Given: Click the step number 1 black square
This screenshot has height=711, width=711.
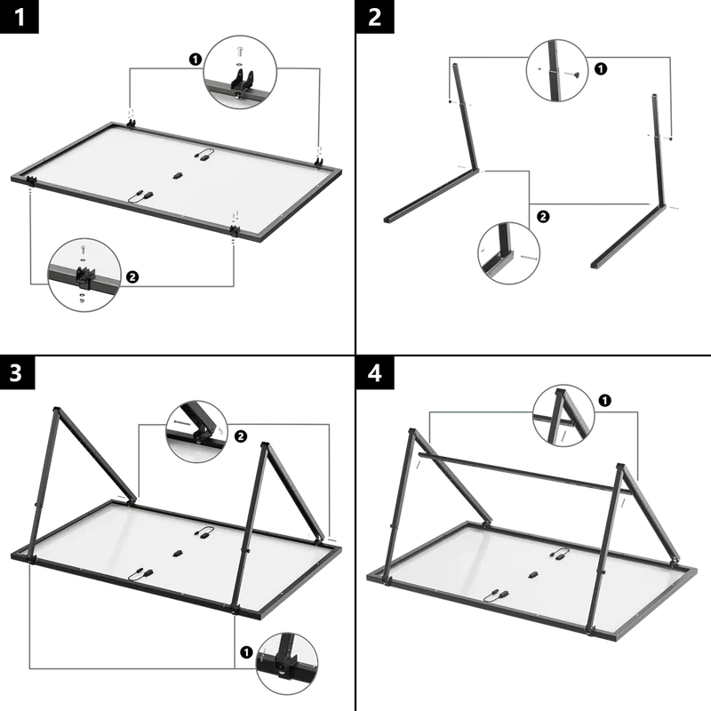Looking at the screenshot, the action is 19,17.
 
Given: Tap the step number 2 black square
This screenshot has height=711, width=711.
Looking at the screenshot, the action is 375,17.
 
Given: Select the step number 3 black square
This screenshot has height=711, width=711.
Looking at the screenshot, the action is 17,372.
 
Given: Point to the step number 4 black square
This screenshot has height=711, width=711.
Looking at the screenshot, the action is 375,372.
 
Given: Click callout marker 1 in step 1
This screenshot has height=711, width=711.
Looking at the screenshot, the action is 195,60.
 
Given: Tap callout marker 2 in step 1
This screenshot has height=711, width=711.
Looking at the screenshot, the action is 132,276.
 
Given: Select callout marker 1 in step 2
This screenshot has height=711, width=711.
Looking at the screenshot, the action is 601,69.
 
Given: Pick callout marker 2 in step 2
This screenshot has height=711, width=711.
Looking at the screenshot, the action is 543,216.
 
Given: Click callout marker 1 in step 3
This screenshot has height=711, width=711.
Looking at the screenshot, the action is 246,652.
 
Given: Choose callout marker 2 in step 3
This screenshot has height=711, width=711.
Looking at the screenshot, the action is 240,436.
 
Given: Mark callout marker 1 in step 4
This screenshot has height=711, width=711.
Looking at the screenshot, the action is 605,401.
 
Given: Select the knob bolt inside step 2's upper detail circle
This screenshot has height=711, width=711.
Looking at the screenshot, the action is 573,74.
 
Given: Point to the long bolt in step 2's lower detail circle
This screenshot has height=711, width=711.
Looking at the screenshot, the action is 529,258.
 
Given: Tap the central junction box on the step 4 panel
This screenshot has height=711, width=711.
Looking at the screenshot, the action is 533,574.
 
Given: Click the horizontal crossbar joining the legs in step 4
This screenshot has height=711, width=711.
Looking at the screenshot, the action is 524,472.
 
